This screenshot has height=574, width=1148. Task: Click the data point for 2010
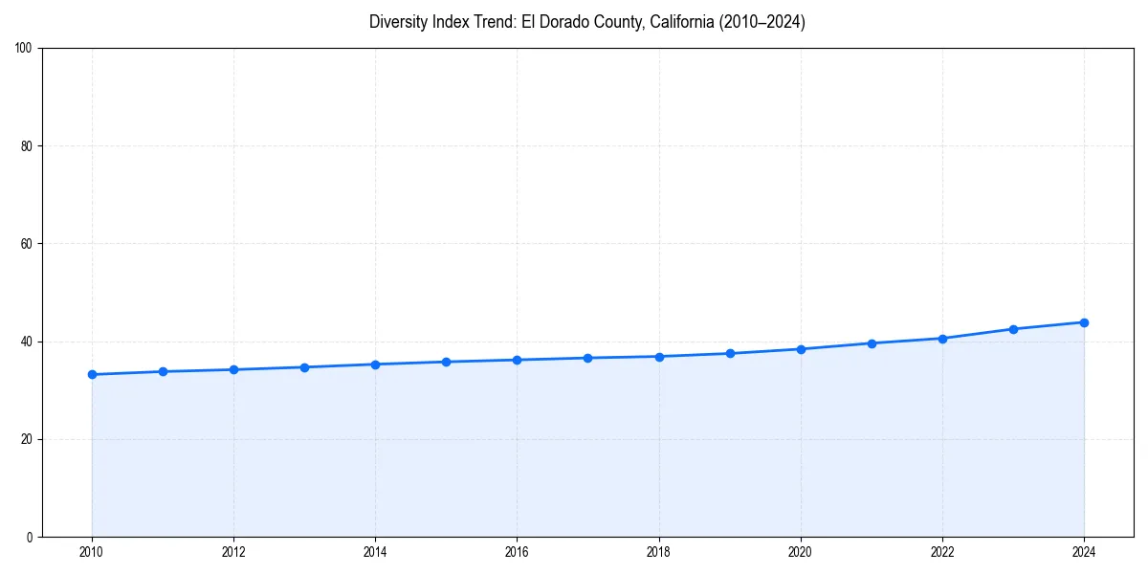[x=92, y=374]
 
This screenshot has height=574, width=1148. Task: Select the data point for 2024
[x=1084, y=322]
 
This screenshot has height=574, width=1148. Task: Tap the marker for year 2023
[x=1013, y=329]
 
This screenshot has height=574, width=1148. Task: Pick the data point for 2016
[x=517, y=360]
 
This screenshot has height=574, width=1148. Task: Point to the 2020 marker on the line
[x=801, y=349]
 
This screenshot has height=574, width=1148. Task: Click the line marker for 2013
[x=304, y=367]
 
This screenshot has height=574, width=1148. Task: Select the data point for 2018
[x=659, y=357]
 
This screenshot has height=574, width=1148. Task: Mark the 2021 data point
[x=872, y=343]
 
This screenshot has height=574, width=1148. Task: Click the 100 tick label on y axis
[x=25, y=49]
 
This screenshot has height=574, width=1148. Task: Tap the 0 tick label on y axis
[x=31, y=537]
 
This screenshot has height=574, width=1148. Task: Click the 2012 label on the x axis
[x=233, y=552]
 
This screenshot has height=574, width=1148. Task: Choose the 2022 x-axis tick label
[x=942, y=552]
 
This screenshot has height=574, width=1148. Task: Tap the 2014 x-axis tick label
[x=375, y=552]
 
